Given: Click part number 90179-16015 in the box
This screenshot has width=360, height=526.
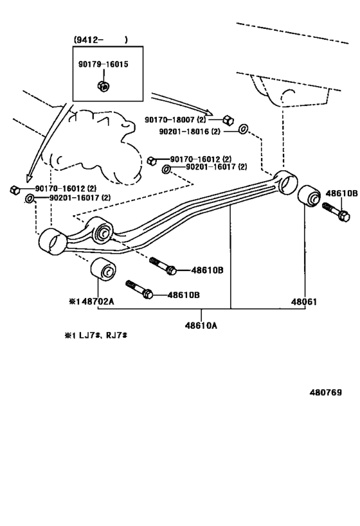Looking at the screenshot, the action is [x=103, y=64].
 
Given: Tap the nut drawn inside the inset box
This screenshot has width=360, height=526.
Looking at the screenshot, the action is [x=104, y=86].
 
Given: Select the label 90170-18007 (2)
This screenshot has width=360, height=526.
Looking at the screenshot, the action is [x=175, y=119].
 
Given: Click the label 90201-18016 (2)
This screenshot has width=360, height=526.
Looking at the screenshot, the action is [x=190, y=131].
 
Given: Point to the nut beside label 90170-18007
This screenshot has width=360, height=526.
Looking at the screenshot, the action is [x=228, y=119].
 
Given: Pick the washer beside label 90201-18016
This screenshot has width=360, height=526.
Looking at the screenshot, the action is [x=243, y=128].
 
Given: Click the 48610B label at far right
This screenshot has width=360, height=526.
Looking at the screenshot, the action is [x=341, y=193].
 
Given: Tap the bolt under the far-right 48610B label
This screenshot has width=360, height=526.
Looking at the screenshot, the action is [x=336, y=212].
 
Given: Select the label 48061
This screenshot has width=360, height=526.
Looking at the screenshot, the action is [x=304, y=302].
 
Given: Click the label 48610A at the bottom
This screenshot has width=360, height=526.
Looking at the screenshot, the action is [x=201, y=325].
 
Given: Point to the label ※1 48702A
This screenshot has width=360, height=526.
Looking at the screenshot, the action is [x=91, y=302].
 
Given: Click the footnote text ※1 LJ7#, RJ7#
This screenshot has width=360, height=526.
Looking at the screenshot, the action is [x=96, y=335].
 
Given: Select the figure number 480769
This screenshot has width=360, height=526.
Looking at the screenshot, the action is [x=325, y=392].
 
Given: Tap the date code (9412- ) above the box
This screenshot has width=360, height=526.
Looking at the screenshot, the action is [x=101, y=40].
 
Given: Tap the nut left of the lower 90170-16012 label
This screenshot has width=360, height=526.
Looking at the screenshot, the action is [x=15, y=190].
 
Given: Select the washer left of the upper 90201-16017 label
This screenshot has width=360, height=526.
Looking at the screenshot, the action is [x=166, y=170].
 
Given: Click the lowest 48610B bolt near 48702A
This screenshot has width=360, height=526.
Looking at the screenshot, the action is [x=139, y=290].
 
